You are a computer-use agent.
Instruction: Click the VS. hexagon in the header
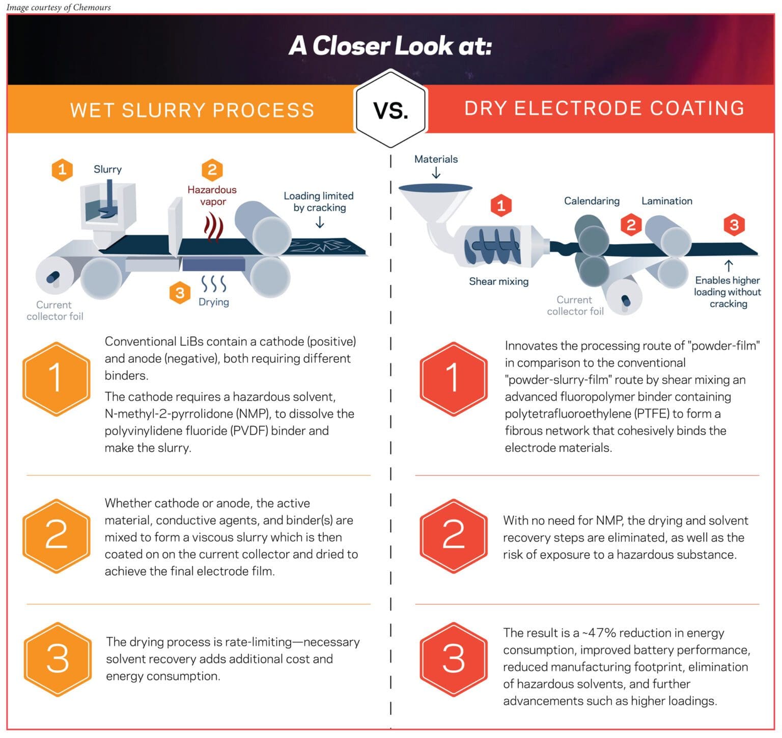click(x=390, y=109)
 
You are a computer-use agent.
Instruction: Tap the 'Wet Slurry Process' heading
click(x=192, y=110)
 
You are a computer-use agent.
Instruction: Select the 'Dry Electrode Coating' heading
click(x=604, y=108)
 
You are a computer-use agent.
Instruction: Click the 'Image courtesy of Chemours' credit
click(x=59, y=7)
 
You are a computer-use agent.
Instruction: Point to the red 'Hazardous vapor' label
click(x=212, y=195)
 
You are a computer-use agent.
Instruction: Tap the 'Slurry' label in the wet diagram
click(x=107, y=169)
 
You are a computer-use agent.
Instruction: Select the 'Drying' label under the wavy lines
click(x=214, y=302)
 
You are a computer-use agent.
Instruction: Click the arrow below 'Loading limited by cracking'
click(x=320, y=222)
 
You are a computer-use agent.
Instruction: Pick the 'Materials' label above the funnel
click(x=436, y=159)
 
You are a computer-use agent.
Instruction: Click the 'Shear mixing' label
click(x=498, y=281)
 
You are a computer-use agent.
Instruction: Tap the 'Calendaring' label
click(x=592, y=201)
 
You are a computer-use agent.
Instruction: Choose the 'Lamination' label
click(x=666, y=201)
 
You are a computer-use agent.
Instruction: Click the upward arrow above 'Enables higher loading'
click(x=729, y=265)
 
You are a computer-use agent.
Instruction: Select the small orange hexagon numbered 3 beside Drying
click(x=180, y=293)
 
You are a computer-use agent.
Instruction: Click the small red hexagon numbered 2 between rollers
click(x=631, y=224)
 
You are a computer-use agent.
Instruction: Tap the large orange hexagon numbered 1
click(x=56, y=379)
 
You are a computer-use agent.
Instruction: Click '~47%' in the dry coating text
click(x=599, y=633)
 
